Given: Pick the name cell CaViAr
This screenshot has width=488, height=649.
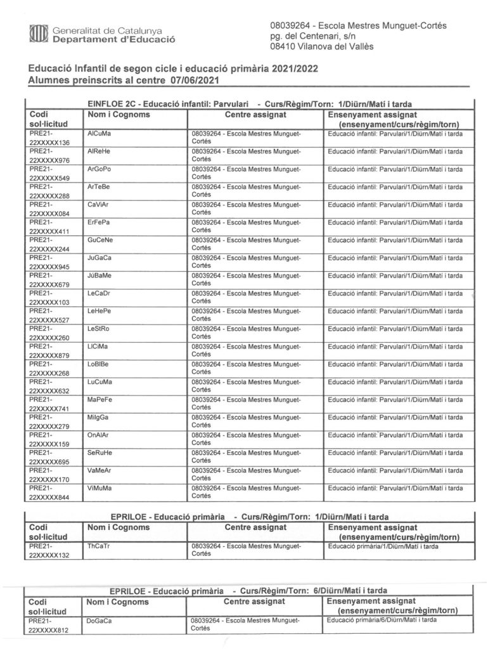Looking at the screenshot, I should tap(98, 205).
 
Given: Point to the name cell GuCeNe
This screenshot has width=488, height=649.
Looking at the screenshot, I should tap(100, 241).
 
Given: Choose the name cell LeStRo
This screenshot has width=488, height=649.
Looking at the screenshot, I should tap(98, 329).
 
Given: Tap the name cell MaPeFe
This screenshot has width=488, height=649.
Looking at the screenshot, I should tap(100, 400).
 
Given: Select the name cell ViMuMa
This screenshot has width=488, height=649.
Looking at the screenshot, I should tap(99, 489).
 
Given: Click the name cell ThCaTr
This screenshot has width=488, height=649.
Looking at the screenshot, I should tap(98, 546).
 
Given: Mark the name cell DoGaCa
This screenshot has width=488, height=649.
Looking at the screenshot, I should tap(99, 621).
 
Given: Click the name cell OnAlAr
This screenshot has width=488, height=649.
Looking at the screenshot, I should tap(98, 435).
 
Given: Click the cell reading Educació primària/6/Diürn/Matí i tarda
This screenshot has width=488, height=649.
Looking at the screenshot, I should tap(382, 621).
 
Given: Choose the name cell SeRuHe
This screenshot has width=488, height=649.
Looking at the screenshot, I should tap(99, 453).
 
